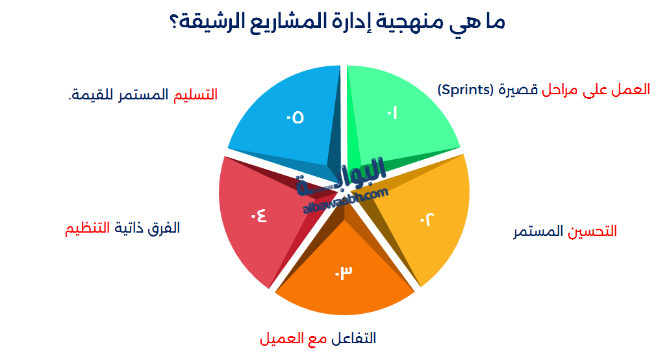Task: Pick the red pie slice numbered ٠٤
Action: pyautogui.click(x=257, y=214)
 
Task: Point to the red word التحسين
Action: pyautogui.click(x=593, y=232)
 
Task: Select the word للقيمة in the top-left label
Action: pyautogui.click(x=90, y=95)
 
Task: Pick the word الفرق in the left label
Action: pyautogui.click(x=165, y=228)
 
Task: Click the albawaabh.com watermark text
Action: pyautogui.click(x=345, y=200)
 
